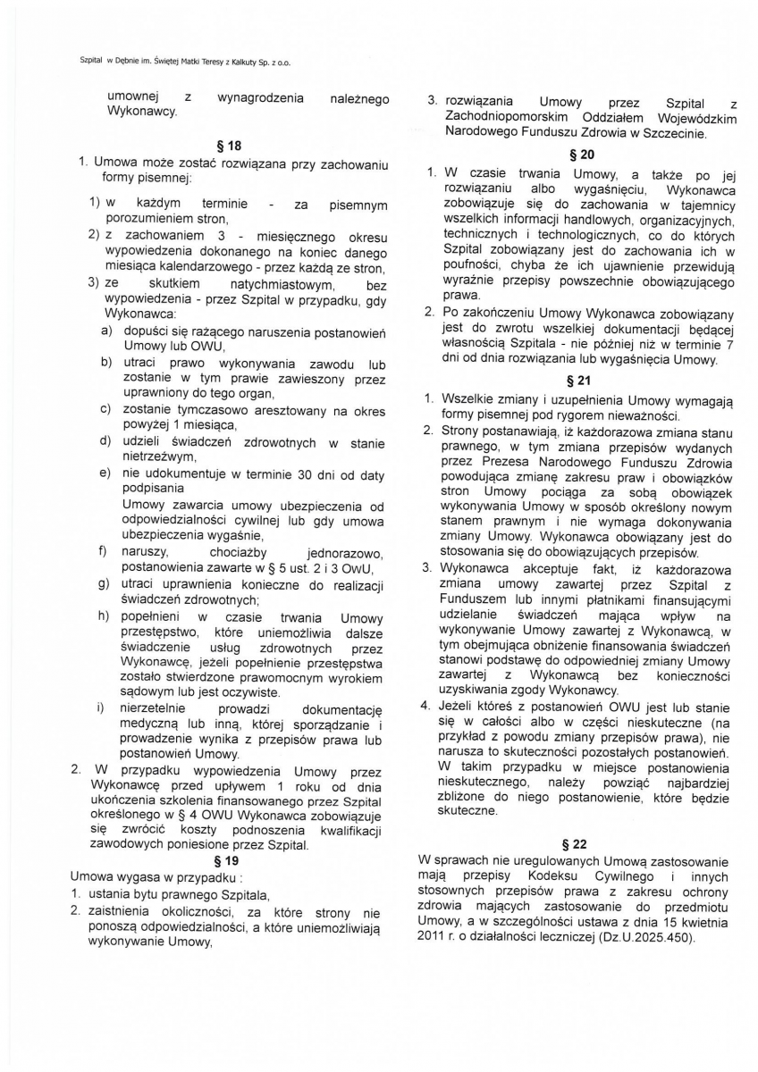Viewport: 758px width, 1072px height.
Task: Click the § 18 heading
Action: point(230,145)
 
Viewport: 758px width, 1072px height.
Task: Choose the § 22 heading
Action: point(573,843)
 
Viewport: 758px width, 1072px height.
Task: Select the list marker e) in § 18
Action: point(105,472)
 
